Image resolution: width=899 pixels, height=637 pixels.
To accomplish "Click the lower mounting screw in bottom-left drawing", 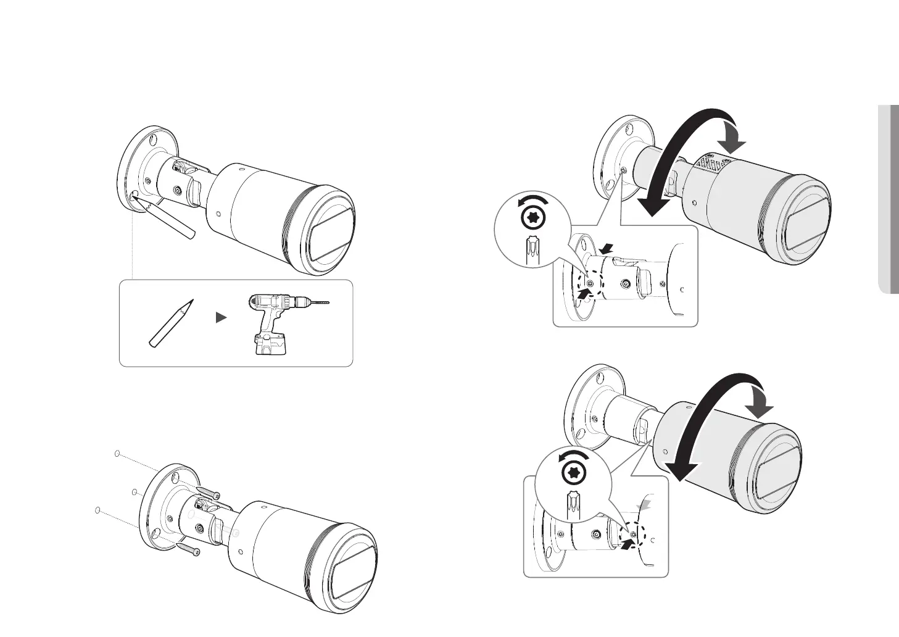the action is [x=188, y=548].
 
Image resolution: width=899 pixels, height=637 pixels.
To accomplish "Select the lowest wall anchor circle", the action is [x=96, y=510].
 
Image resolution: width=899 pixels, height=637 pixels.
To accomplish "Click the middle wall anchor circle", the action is [x=133, y=492].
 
